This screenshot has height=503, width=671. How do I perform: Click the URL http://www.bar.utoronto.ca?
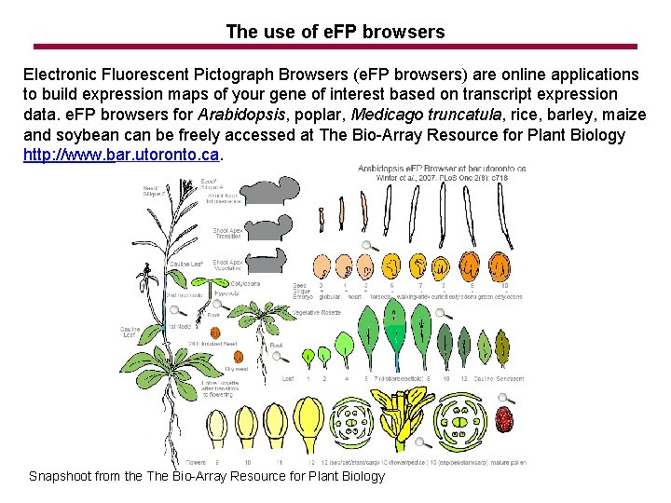(122, 154)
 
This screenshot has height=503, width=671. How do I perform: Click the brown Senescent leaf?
(502, 347)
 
